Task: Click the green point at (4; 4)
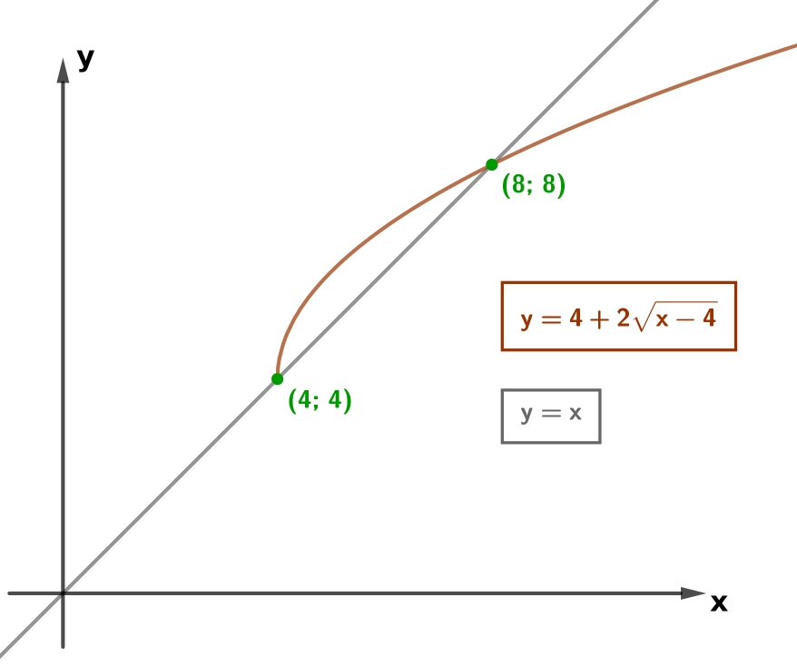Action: coord(277,379)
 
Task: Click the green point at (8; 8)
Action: coord(491,164)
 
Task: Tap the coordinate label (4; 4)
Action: coord(320,400)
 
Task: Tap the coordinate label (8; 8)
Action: coord(533,184)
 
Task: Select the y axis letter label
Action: coord(86,59)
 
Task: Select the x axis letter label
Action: coord(719,602)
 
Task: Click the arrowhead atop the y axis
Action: coord(63,70)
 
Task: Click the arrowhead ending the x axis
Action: coord(694,593)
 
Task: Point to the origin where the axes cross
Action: coord(63,593)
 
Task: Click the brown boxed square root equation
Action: coord(618,316)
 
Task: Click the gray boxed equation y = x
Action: coord(551,416)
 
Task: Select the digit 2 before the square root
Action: coord(623,318)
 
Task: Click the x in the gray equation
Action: coord(575,414)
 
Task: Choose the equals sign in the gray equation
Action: coord(550,414)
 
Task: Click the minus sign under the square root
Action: coord(685,320)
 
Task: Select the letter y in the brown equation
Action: coord(526,321)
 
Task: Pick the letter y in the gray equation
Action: coord(526,416)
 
